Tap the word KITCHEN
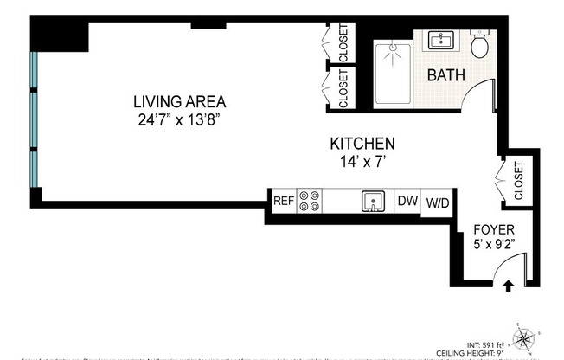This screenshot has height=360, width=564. (362, 144)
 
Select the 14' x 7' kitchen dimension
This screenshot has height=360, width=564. (362, 161)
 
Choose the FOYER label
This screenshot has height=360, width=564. (494, 229)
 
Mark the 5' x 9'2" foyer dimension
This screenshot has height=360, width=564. (494, 246)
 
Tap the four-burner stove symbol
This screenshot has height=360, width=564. (310, 201)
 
